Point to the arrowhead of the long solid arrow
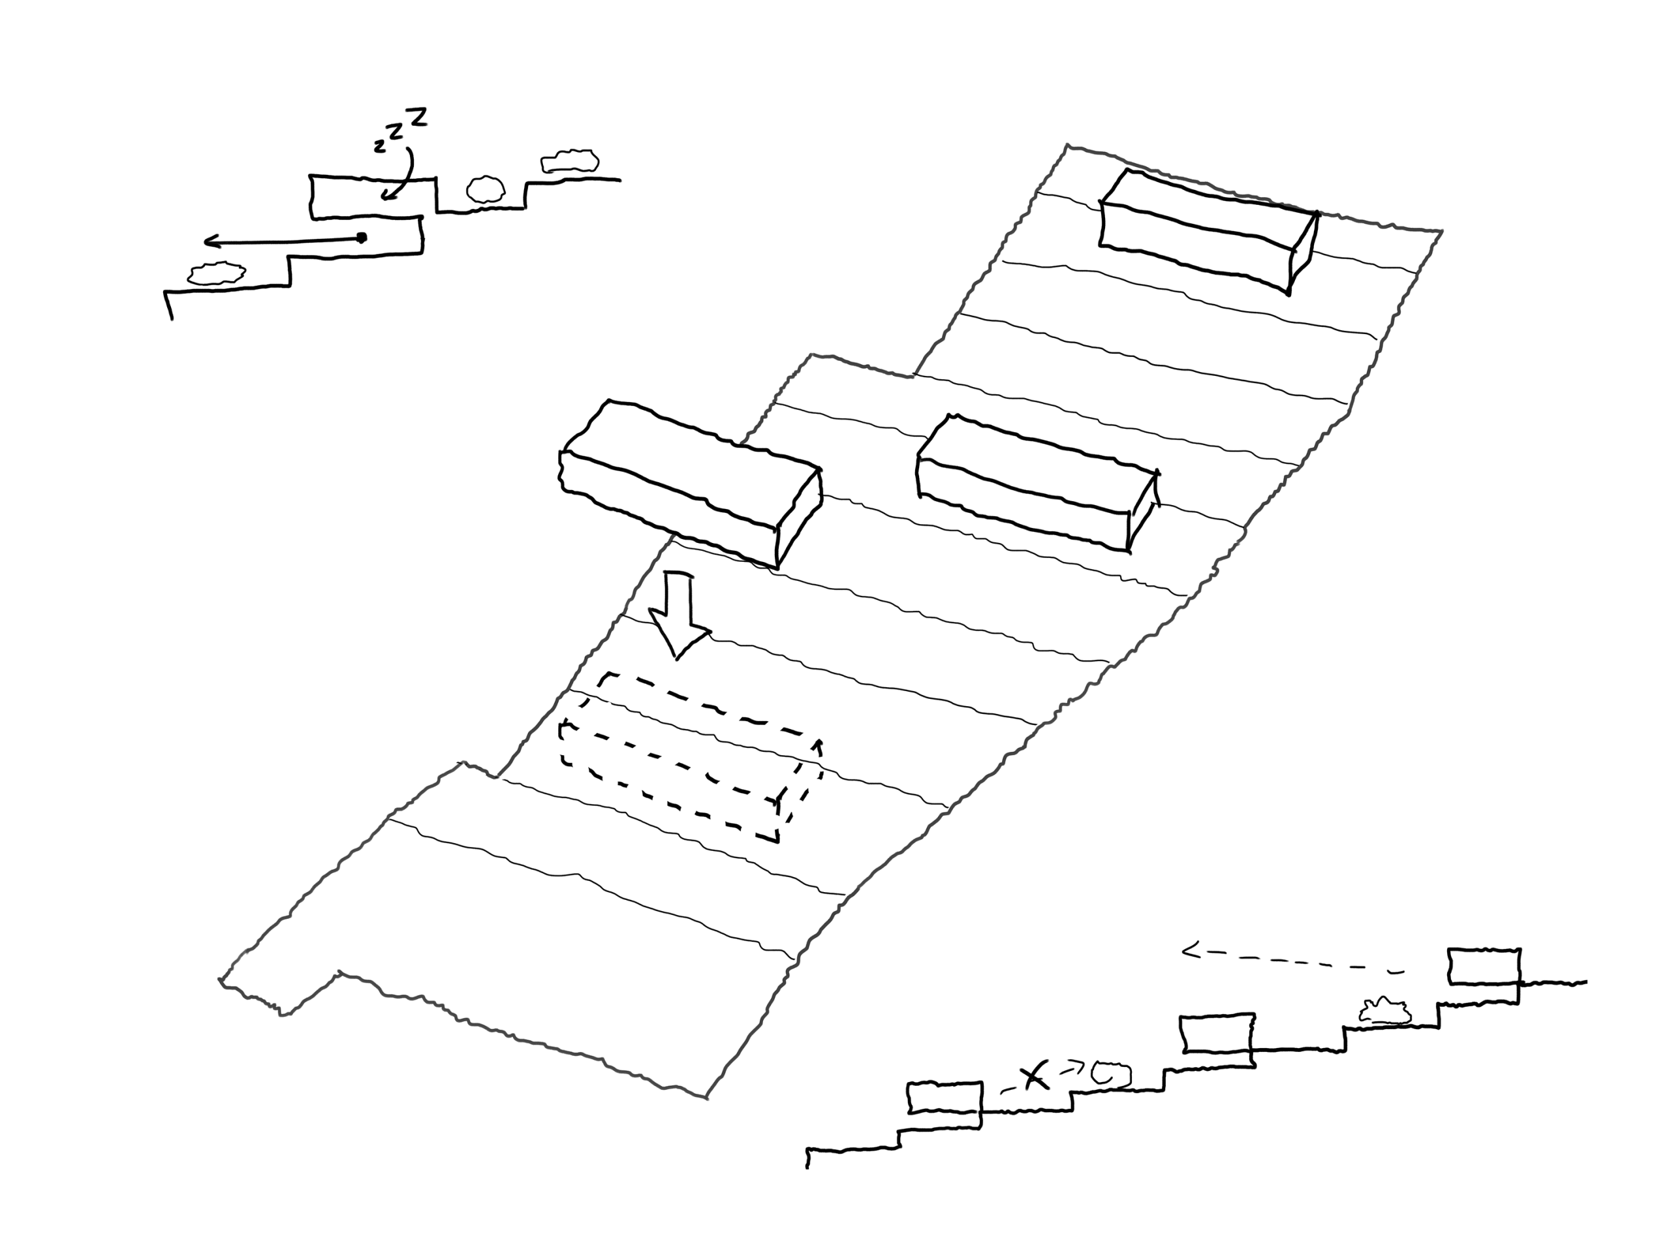coord(211,241)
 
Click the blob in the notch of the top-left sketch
coord(486,189)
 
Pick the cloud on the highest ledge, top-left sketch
coord(570,161)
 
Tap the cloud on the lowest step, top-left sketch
coord(216,273)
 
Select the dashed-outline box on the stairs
coord(690,756)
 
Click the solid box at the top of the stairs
coord(1209,230)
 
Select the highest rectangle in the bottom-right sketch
coord(1484,966)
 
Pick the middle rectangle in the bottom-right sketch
coord(1216,1033)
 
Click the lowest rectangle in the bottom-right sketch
coord(945,1098)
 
